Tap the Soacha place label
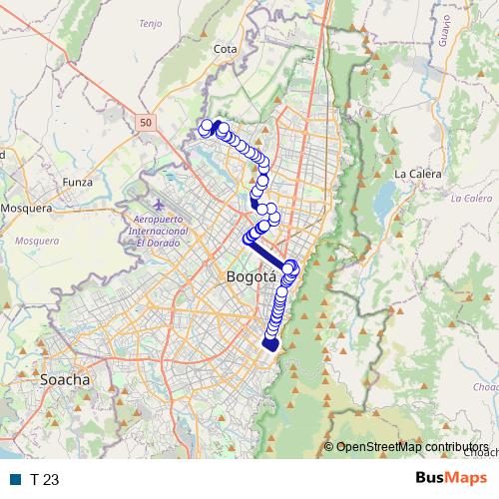coord(65,379)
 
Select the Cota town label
coord(225,47)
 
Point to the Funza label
coord(77,183)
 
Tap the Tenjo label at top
coord(151,23)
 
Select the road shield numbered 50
coord(147,122)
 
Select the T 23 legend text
coord(45,479)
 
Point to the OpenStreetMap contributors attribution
coord(411,447)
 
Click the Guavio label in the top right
coord(442,35)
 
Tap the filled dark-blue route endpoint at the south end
coord(269,344)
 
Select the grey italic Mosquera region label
coord(38,241)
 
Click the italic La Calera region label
coord(471,198)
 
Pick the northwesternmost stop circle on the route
coord(205,127)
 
